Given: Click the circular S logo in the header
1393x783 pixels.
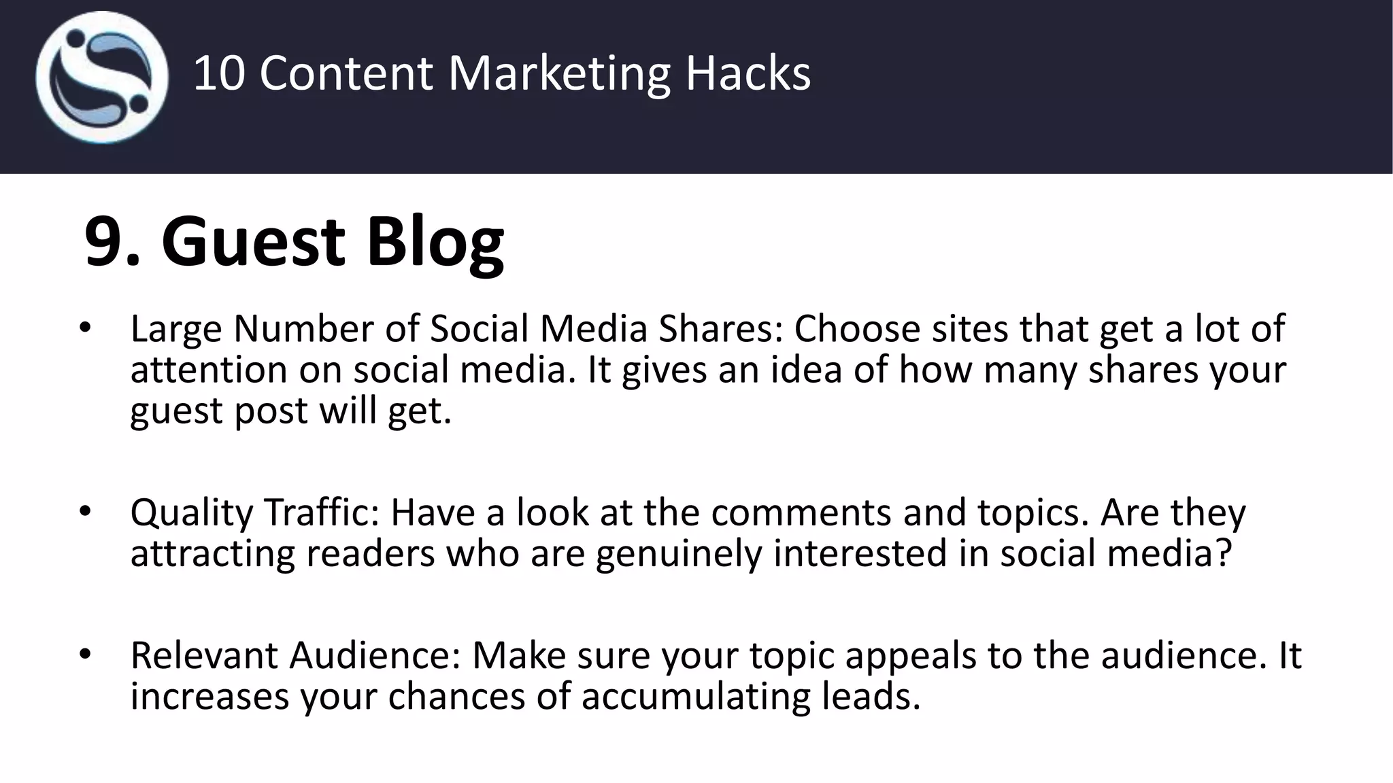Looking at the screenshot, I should point(102,77).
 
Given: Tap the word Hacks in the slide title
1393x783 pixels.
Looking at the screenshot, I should point(748,73).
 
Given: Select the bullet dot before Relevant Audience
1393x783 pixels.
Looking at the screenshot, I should point(84,655).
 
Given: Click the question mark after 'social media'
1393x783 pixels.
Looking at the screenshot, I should point(1223,553).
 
